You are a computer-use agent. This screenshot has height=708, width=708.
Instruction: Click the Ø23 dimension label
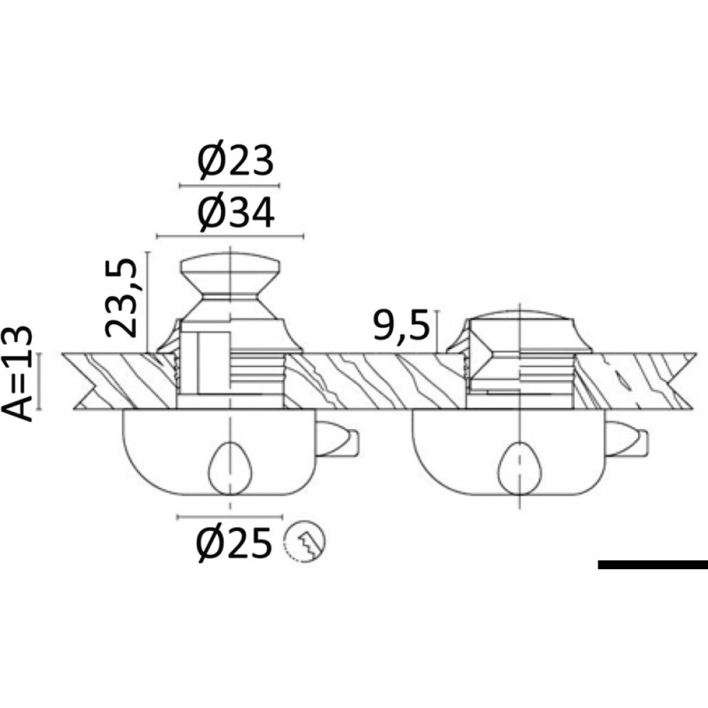tap(236, 161)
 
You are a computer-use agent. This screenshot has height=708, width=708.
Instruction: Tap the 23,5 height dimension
tap(120, 299)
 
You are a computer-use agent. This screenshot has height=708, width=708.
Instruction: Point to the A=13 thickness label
tap(17, 374)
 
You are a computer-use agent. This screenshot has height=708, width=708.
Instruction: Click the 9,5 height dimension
tap(401, 326)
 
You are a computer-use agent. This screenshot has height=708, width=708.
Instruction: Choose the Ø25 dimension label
tap(234, 543)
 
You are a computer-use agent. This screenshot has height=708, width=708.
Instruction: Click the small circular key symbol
tap(304, 540)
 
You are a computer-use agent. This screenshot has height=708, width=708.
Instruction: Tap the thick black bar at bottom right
tap(653, 564)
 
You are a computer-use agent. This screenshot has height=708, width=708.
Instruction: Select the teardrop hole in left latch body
tap(230, 468)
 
